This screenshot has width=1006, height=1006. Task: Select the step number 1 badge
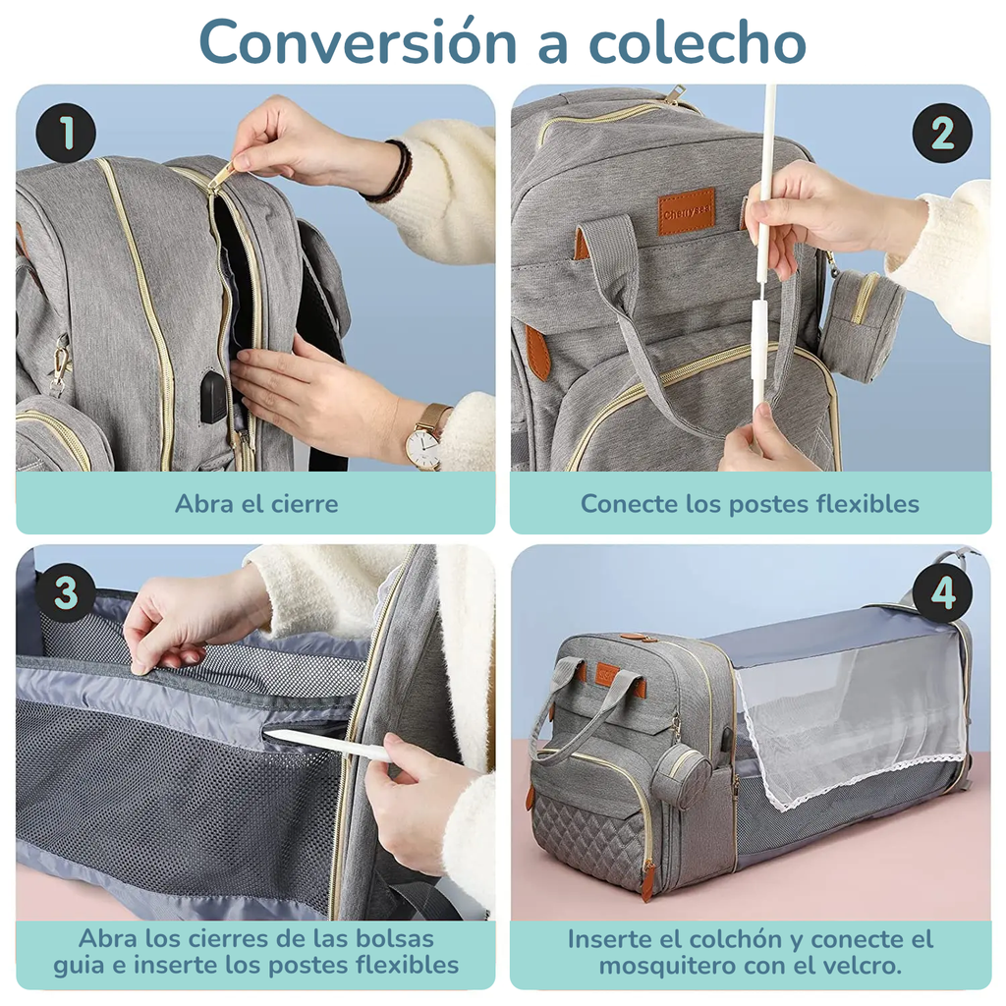(65, 134)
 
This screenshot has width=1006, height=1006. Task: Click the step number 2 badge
(941, 134)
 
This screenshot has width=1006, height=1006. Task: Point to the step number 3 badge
(65, 593)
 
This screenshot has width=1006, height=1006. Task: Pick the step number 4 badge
(941, 593)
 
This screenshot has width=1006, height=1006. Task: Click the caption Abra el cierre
(255, 504)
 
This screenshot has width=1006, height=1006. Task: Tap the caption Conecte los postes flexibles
(750, 504)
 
